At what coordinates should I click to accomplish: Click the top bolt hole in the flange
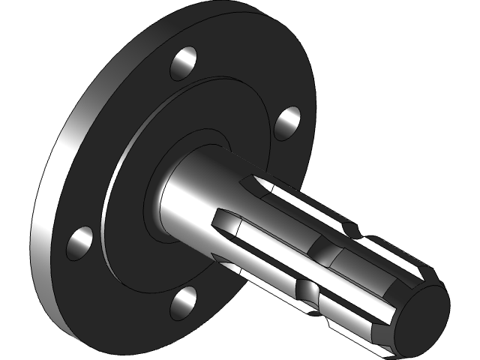184,63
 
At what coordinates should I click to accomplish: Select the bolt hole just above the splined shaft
287,122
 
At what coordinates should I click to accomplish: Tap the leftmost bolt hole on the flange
79,243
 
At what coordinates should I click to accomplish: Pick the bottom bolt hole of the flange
183,301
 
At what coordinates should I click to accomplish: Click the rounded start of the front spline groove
219,217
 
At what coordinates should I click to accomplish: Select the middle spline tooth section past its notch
367,266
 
